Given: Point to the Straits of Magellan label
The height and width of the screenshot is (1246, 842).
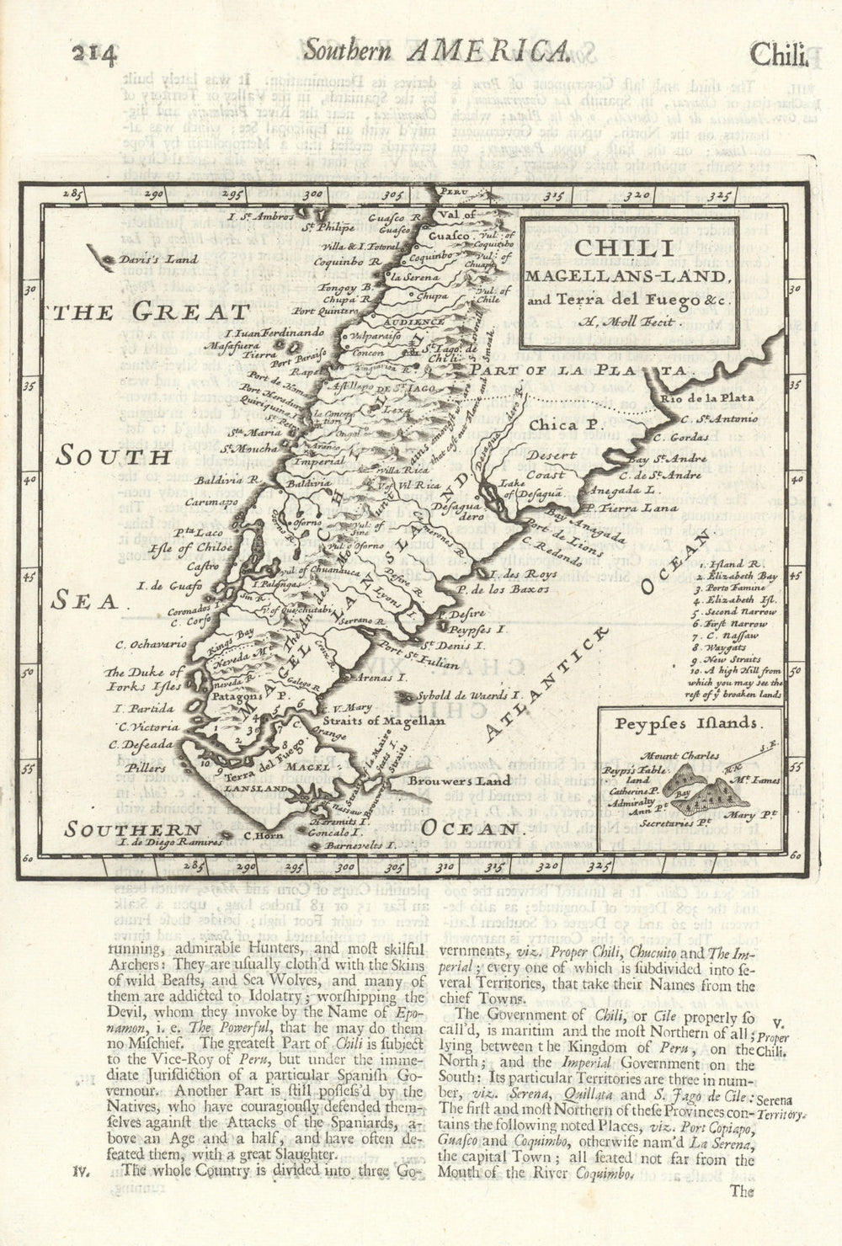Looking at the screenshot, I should (381, 721).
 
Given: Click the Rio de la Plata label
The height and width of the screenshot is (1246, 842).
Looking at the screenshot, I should (706, 398).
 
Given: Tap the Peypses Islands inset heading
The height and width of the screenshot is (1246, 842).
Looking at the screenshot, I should (687, 722).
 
